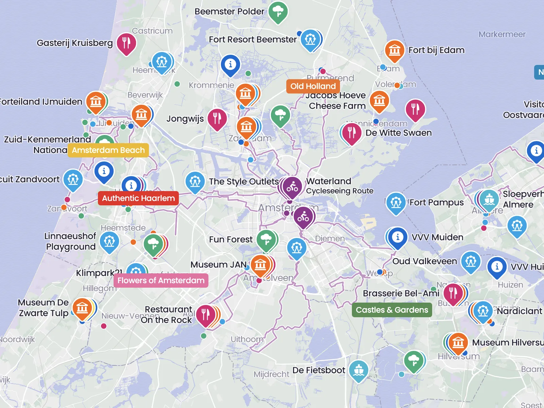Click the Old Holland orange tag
(x=313, y=86)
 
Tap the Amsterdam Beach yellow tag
(x=108, y=150)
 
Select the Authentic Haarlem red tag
(x=138, y=198)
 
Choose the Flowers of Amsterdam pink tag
(x=161, y=280)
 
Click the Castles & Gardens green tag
(x=392, y=310)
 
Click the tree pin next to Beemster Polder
(x=278, y=12)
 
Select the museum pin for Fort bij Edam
(x=394, y=51)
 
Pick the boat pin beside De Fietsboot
(x=358, y=370)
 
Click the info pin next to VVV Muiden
(x=397, y=237)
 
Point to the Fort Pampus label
(x=437, y=203)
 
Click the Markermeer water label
(x=502, y=34)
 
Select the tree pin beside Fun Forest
(x=266, y=240)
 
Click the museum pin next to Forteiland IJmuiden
(x=96, y=101)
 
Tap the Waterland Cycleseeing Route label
(x=339, y=186)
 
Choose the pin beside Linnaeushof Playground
(x=109, y=242)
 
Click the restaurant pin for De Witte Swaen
(x=352, y=133)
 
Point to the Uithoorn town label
(x=247, y=339)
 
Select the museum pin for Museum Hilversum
(x=458, y=342)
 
